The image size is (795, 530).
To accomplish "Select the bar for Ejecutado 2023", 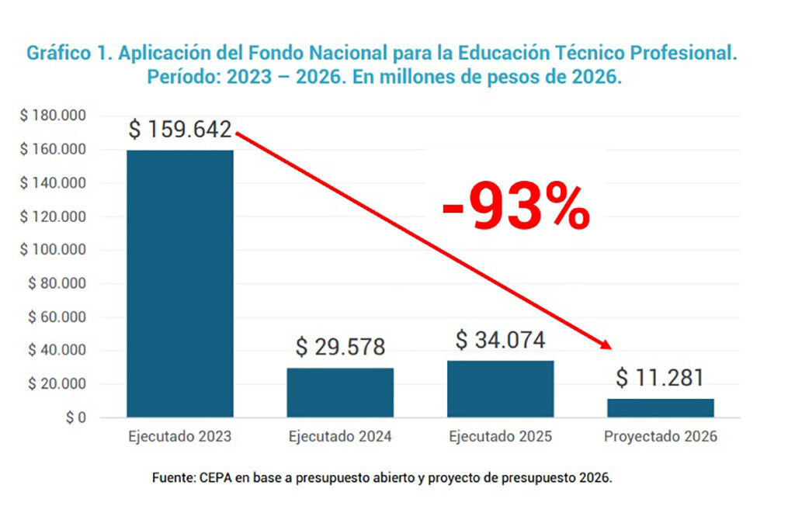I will (179, 283).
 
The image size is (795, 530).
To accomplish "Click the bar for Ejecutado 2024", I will (340, 393).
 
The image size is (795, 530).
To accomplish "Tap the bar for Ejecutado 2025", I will (500, 389).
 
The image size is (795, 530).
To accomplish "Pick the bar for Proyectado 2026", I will (660, 408).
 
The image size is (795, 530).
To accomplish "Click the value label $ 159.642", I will (180, 130).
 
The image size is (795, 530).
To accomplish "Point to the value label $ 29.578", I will (340, 347).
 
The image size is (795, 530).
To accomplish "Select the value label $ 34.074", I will (500, 340).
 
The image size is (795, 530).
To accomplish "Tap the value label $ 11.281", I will (660, 378).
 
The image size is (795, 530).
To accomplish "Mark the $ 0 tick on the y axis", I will (75, 418).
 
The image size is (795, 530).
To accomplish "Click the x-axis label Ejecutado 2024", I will (340, 437).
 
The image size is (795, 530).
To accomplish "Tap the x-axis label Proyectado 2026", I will (660, 437).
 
